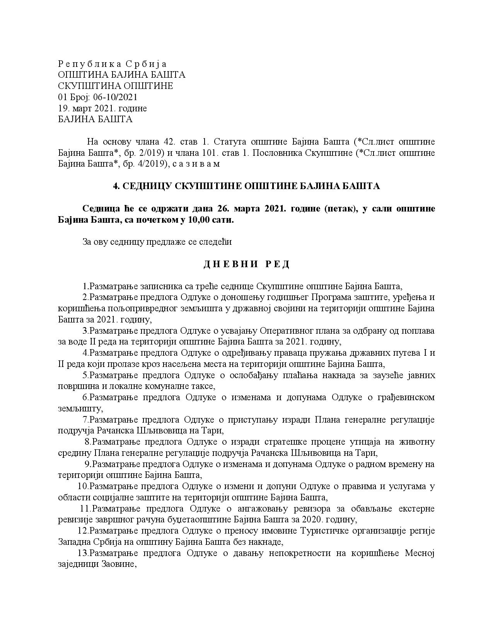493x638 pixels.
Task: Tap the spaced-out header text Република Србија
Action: click(112, 64)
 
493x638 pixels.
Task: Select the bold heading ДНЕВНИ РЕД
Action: click(246, 264)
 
